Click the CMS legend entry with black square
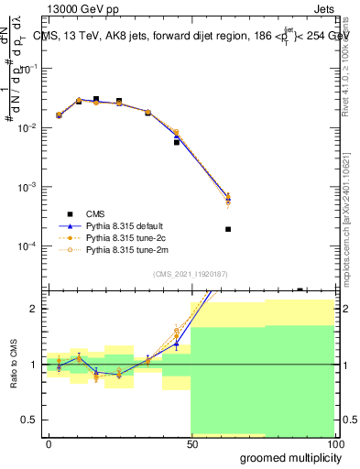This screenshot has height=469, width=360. [102, 212]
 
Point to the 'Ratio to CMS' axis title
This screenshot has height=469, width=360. [13, 364]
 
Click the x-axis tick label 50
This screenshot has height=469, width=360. [191, 443]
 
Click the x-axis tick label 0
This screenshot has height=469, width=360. [49, 443]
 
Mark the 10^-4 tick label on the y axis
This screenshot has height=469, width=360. [27, 246]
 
